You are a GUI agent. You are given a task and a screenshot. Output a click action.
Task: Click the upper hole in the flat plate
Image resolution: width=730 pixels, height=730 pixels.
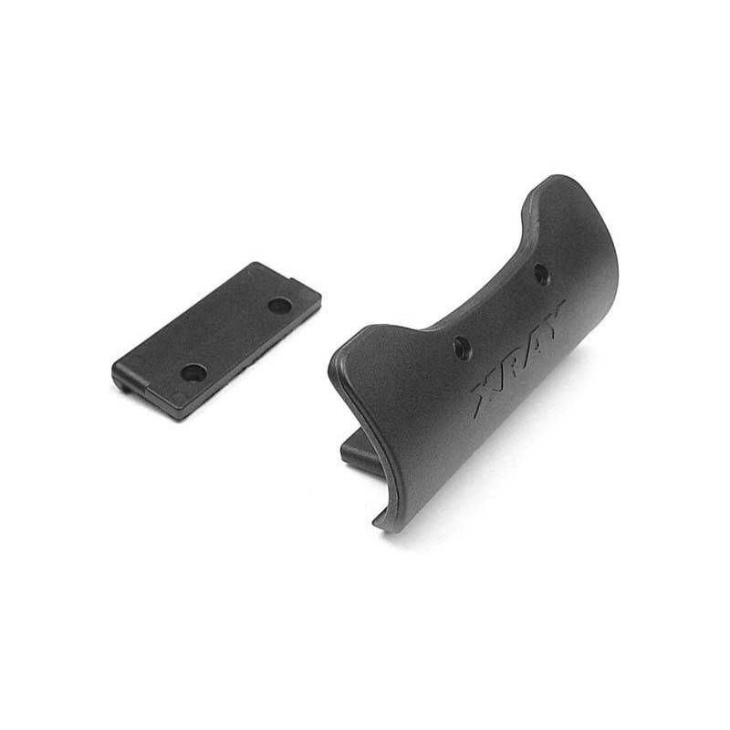coord(280,306)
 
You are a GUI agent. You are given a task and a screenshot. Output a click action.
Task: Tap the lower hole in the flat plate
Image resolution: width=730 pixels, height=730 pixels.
coord(193,371)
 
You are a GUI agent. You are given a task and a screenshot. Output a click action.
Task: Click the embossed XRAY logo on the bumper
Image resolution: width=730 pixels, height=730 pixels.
coord(517,358)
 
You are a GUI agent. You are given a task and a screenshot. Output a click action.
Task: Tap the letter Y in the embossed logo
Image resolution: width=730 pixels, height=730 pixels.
coord(554,316)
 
